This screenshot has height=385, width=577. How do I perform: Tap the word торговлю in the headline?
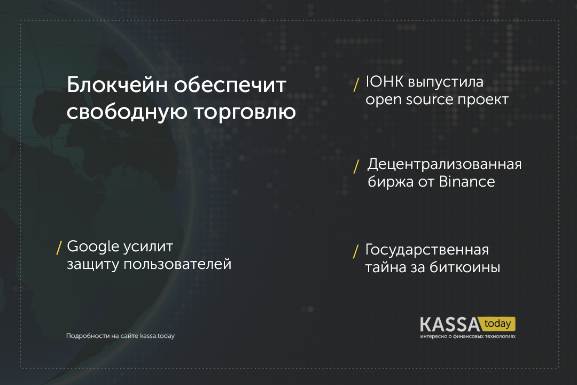(x=245, y=112)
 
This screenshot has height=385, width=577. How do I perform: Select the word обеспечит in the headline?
(x=230, y=86)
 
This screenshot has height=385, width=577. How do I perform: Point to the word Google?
(x=93, y=247)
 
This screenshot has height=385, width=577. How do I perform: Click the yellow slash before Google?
(x=59, y=248)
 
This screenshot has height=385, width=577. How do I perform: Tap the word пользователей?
(x=177, y=264)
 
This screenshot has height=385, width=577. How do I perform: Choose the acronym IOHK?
(x=384, y=82)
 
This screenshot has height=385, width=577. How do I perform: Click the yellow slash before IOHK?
(x=356, y=84)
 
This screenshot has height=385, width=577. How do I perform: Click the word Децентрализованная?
(x=445, y=164)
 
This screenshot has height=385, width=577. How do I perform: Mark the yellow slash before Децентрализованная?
(x=356, y=166)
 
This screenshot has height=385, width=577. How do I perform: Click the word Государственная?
(x=427, y=250)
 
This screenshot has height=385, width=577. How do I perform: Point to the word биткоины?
(x=465, y=267)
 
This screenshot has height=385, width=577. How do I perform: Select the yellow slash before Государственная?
(x=356, y=252)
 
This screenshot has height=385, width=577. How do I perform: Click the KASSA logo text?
(x=450, y=325)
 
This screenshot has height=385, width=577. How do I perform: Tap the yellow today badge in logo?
(x=497, y=324)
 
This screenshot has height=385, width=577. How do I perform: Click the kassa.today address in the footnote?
(x=157, y=336)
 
